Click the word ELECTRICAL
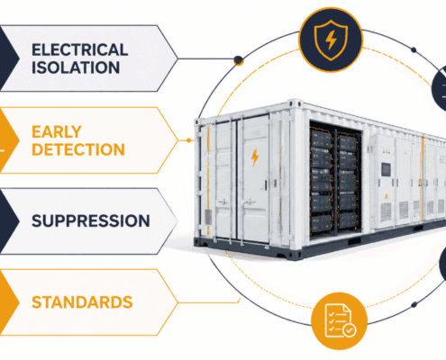click(x=80, y=49)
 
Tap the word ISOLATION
click(x=76, y=67)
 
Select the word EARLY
click(x=57, y=131)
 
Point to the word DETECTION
click(x=78, y=149)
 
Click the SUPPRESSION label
click(x=91, y=221)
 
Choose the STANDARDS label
click(x=82, y=302)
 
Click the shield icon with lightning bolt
click(x=331, y=40)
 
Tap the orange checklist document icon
click(x=339, y=321)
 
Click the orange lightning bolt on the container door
click(x=255, y=157)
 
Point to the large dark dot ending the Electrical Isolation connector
click(x=239, y=60)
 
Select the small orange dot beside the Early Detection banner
click(x=188, y=140)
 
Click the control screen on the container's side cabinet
click(x=386, y=169)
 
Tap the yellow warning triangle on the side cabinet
click(x=386, y=196)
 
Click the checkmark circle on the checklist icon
click(x=350, y=330)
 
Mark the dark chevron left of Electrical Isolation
click(x=9, y=58)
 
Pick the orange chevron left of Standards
click(x=9, y=302)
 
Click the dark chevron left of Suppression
click(x=9, y=221)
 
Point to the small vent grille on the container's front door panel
click(x=208, y=217)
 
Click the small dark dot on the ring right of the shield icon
click(x=414, y=49)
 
